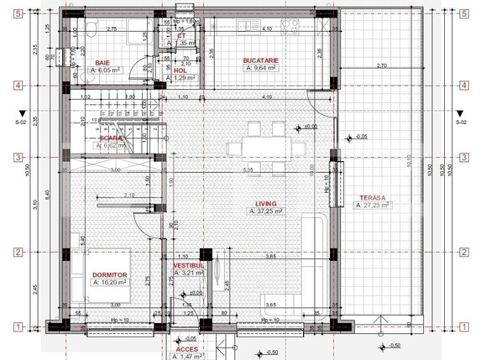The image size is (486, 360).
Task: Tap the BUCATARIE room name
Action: [x=261, y=60]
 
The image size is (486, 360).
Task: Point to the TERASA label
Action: [x=370, y=197]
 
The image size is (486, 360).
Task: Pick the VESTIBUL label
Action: [x=190, y=265]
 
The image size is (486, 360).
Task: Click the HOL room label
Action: [x=180, y=70]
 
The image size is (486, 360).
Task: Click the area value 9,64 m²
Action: [x=261, y=68]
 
